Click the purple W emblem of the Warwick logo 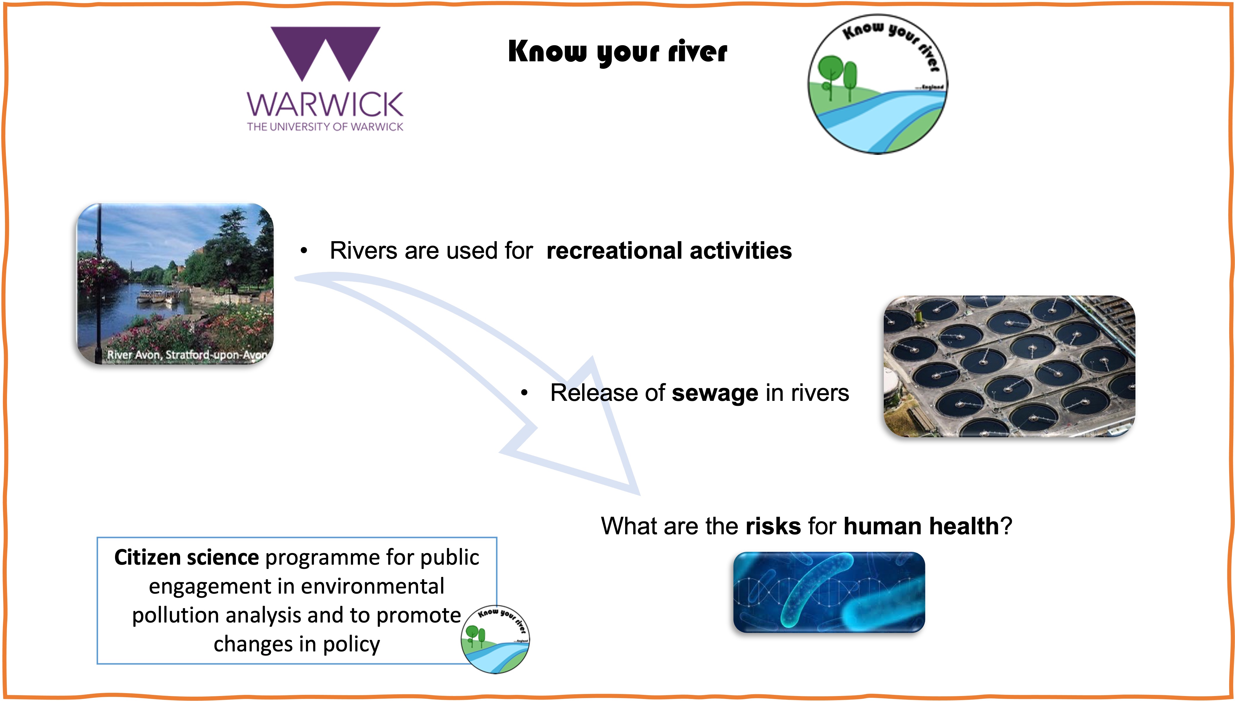point(325,53)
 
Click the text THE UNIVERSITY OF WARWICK point(325,127)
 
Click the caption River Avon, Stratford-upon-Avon point(187,355)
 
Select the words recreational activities point(669,251)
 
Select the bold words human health point(921,526)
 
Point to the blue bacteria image point(829,592)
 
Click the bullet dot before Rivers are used point(304,251)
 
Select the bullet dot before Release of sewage point(525,393)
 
